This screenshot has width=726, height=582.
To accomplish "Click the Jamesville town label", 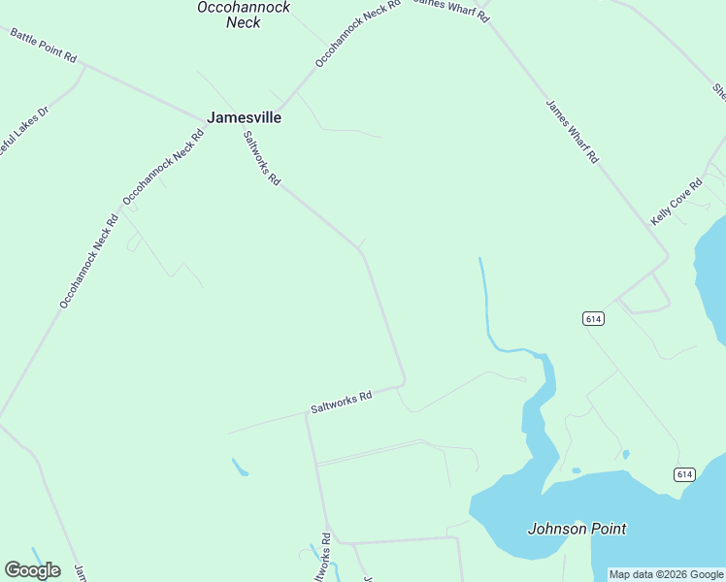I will point(244,117).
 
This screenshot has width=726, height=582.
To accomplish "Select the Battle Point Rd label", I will point(43,46).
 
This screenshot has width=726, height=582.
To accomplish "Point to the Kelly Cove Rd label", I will point(676,203).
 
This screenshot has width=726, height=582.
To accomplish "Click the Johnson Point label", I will point(577,529).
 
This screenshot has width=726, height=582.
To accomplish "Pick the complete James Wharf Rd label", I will point(572,132).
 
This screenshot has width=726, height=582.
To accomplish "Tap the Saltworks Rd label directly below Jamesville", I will point(262,158).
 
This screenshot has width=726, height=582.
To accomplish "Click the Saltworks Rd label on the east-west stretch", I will point(342,403).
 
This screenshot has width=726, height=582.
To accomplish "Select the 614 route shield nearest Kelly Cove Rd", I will point(594,318).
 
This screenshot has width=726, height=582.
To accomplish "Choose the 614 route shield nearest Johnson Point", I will point(685,473).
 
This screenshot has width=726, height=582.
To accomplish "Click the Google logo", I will point(32,569).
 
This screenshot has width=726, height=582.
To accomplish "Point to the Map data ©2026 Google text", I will point(667,574).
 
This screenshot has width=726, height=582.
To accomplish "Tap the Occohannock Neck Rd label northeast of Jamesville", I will point(357,34).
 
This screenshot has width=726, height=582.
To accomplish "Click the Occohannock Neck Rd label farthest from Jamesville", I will point(88,261).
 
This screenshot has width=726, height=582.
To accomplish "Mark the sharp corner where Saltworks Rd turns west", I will point(404,381).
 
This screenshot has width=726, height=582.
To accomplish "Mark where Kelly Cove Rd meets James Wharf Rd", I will point(668,257).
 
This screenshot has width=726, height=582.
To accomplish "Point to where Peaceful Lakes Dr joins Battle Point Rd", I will point(84,66).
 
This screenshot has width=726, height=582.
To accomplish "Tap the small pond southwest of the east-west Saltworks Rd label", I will point(240,468).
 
